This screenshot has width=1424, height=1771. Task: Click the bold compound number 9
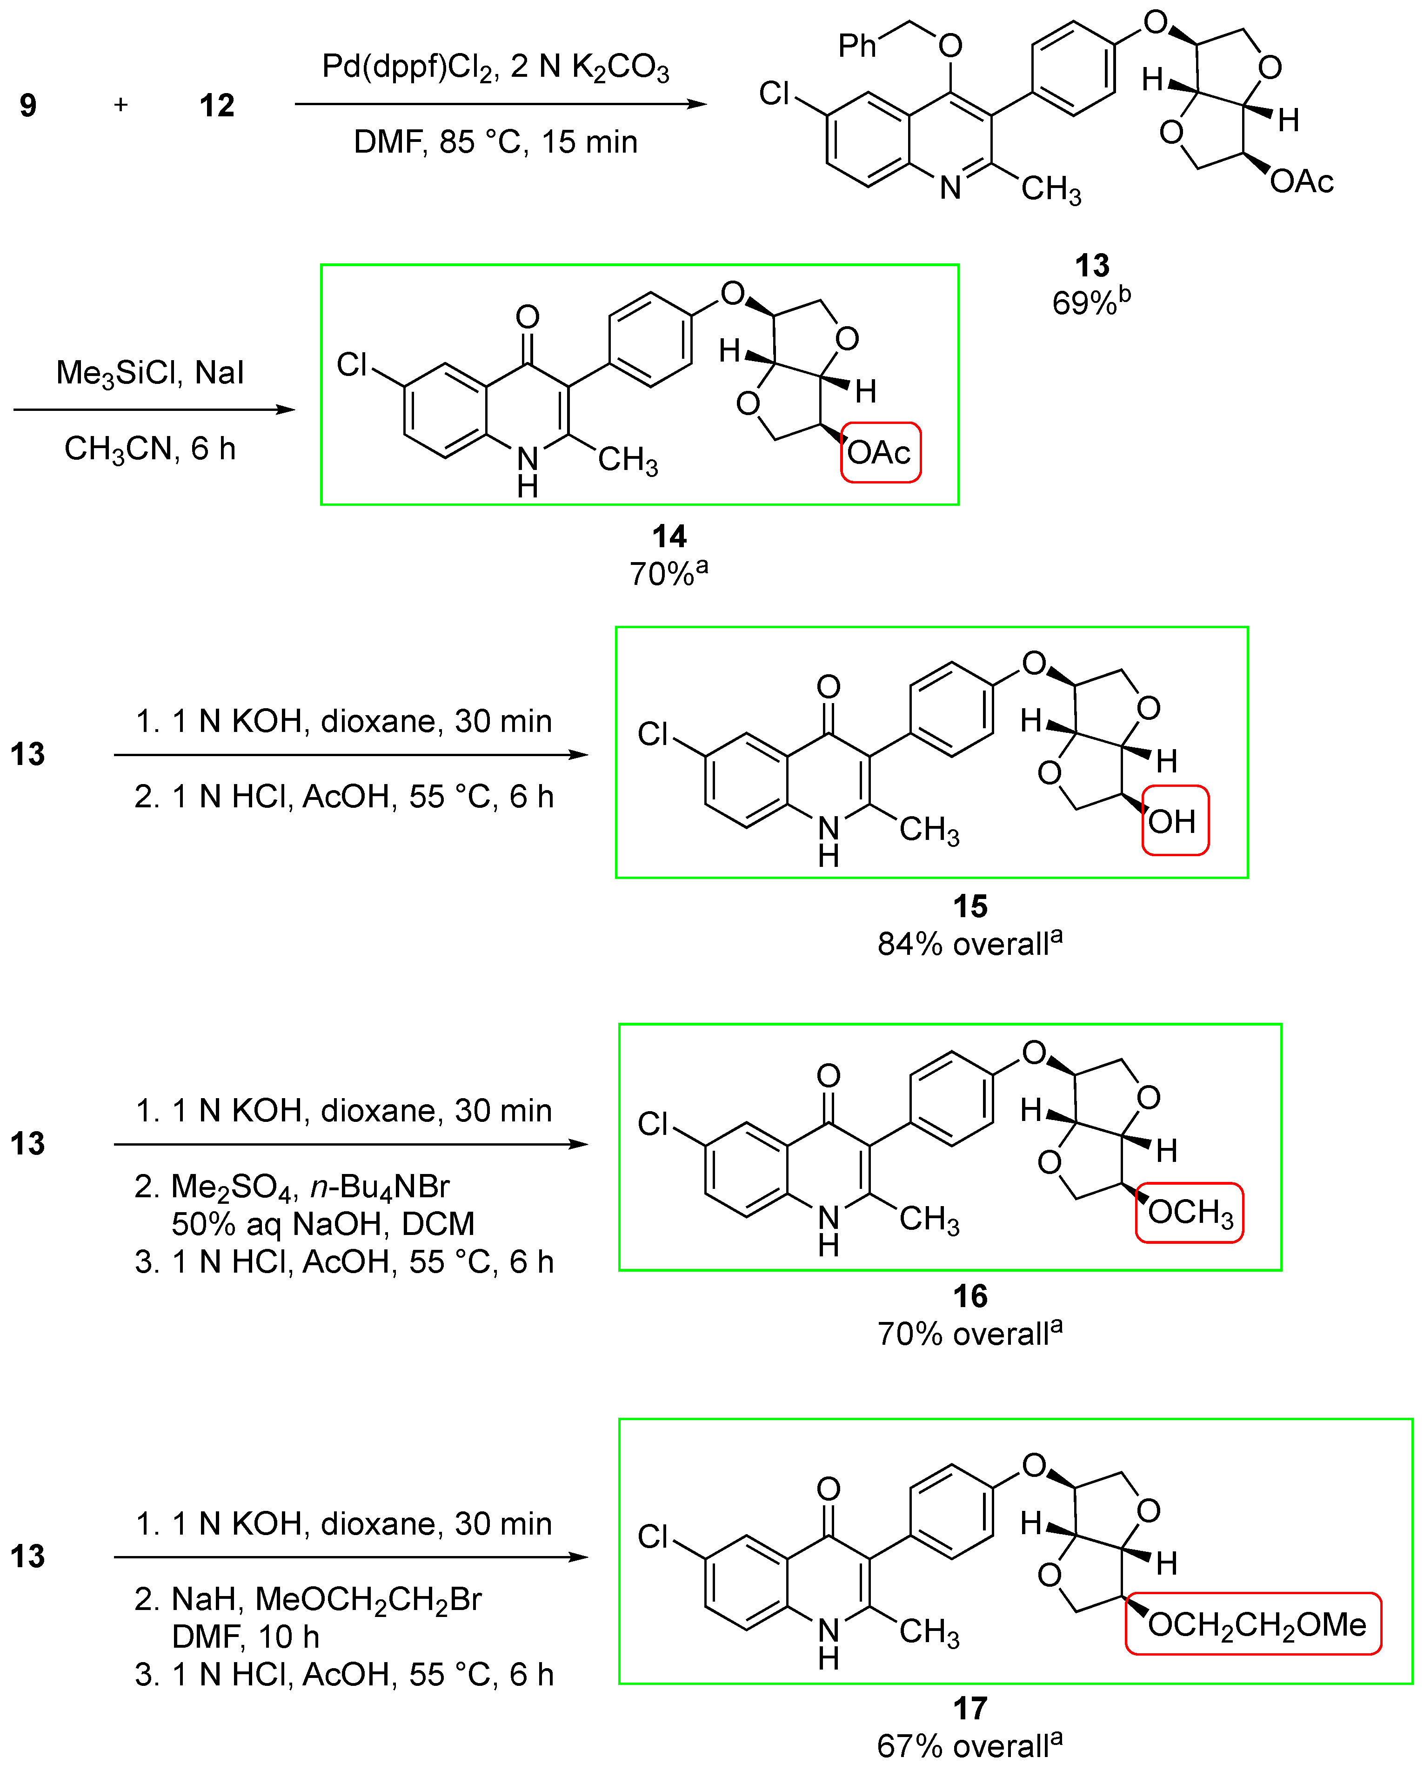point(28,105)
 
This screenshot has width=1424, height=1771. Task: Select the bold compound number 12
point(217,105)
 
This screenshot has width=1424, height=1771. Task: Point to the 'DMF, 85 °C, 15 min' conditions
point(495,142)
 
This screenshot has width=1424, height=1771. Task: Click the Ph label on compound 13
point(856,46)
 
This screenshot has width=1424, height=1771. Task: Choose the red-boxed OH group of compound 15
point(1174,821)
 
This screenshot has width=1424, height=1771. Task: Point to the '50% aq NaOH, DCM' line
point(323,1224)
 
